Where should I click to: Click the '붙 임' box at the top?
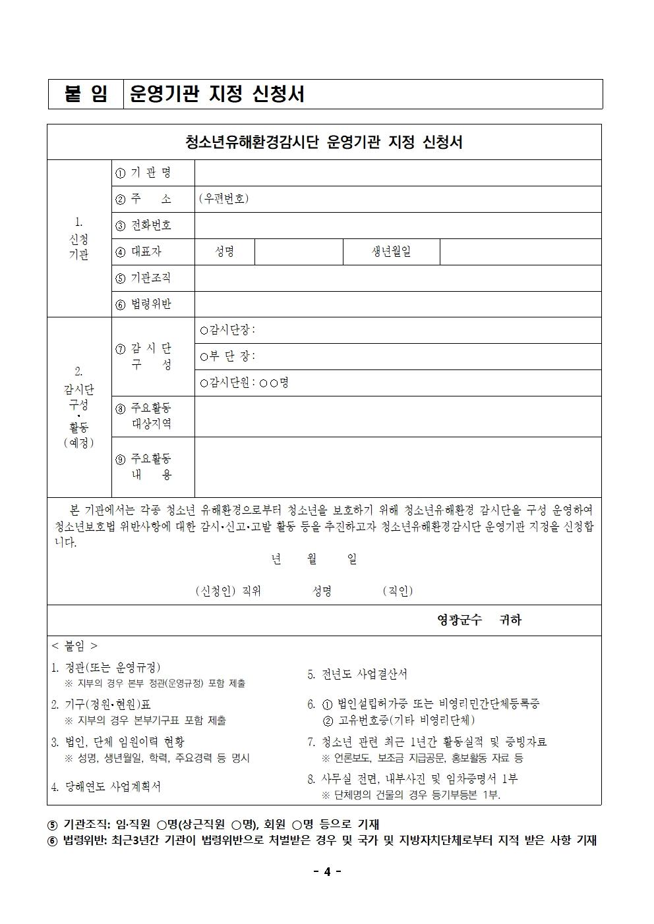click(86, 94)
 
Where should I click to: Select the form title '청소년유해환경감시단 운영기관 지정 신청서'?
click(324, 142)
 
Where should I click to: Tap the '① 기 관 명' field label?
click(143, 173)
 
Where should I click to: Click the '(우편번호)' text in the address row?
click(223, 199)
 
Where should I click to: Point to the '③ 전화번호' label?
click(143, 225)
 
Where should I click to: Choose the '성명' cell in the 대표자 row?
click(225, 252)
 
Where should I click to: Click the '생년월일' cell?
click(391, 252)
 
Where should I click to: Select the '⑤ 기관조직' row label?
click(143, 278)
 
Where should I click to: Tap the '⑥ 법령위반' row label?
click(143, 304)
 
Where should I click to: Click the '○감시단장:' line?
click(227, 330)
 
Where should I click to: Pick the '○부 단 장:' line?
click(227, 356)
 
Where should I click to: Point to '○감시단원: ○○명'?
click(245, 383)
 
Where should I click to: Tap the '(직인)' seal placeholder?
click(398, 591)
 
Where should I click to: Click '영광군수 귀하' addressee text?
click(479, 620)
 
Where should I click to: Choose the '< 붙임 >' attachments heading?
click(74, 646)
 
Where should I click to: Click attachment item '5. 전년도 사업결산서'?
click(357, 674)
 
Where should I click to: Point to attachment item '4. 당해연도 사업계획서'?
click(106, 786)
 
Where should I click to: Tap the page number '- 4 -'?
click(326, 872)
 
